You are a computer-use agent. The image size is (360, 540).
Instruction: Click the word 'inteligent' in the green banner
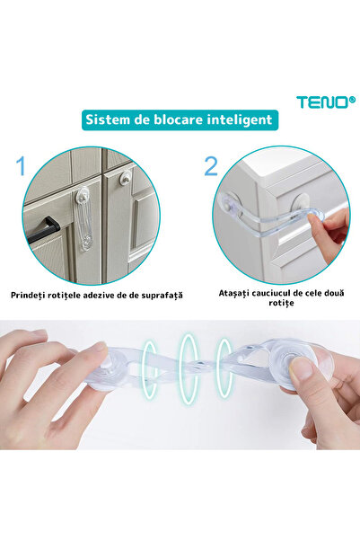point(236,120)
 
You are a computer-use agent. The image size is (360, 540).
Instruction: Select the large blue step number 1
point(20,166)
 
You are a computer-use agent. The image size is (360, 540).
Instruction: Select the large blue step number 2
point(211,166)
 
